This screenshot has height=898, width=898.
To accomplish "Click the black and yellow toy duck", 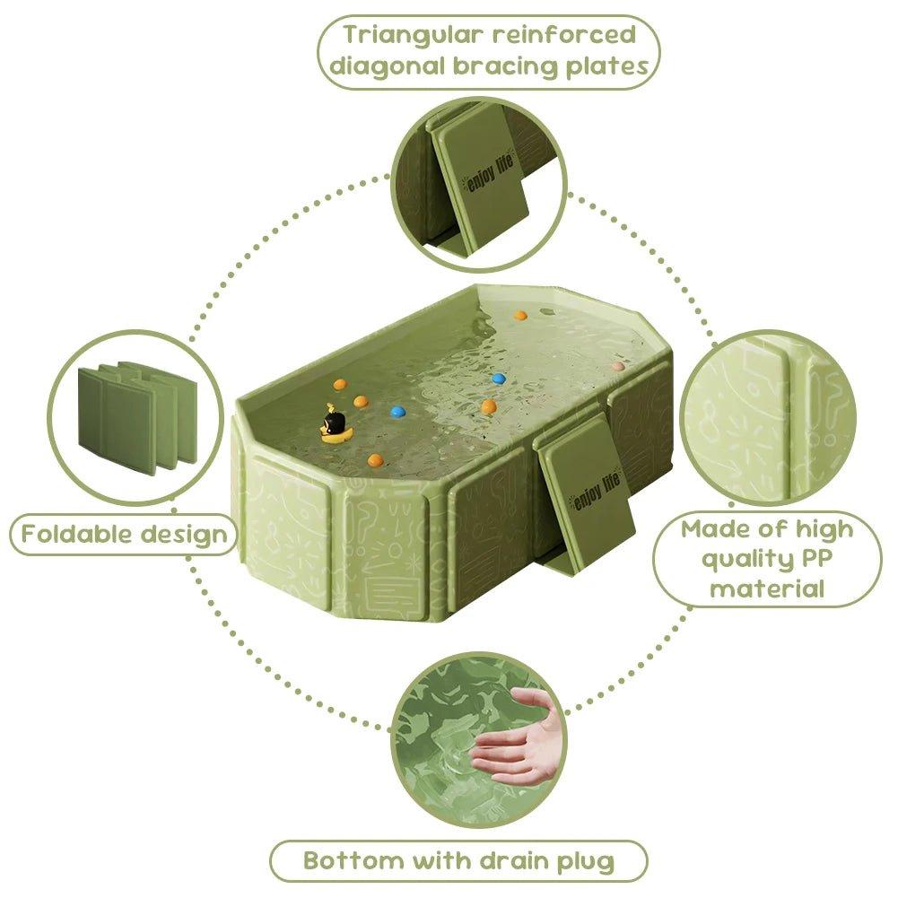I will point(334,425).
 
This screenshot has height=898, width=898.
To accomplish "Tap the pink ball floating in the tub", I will point(616,366).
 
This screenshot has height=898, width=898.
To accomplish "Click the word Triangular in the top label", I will point(418,35).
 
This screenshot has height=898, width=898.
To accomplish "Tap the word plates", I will point(608,66).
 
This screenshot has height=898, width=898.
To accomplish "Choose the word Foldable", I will point(75,535).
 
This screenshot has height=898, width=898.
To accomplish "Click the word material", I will point(766,589).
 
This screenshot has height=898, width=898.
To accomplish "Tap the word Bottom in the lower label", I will point(353,861).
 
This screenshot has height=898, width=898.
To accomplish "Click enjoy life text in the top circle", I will point(484,179).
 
